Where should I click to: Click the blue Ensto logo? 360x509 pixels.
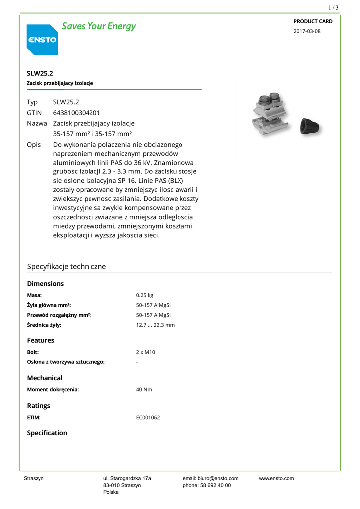tap(42, 40)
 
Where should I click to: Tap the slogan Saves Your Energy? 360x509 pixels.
tap(98, 26)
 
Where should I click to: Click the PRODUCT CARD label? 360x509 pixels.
tap(313, 21)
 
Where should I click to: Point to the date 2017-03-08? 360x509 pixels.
tap(307, 31)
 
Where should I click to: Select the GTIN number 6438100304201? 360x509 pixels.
tap(76, 113)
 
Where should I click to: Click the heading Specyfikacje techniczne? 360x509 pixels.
tap(66, 267)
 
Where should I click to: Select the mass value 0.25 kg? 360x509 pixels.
tap(145, 295)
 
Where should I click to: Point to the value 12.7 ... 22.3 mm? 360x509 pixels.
tap(155, 325)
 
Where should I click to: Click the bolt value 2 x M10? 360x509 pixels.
tap(146, 352)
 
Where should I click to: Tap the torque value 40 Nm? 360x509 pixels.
tap(144, 390)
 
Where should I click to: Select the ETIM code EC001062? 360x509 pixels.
tap(148, 418)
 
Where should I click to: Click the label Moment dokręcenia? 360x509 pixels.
tap(53, 390)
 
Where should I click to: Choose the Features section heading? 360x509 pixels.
tap(40, 341)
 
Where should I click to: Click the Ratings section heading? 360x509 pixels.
tap(38, 406)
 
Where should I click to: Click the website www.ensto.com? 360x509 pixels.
tap(276, 479)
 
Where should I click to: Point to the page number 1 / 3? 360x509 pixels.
tap(333, 7)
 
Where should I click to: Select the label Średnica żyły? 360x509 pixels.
tap(44, 325)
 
